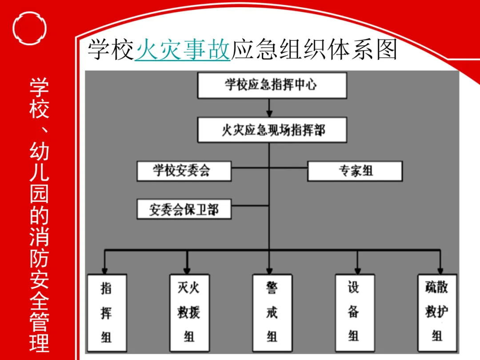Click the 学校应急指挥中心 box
(x=272, y=85)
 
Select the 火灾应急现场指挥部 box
(x=272, y=130)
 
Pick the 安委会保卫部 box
(x=184, y=209)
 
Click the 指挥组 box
(x=107, y=313)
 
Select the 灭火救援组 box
(x=189, y=313)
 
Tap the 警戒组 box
(x=272, y=313)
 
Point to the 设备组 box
(x=354, y=313)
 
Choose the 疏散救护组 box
(x=437, y=313)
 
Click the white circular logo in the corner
(x=30, y=29)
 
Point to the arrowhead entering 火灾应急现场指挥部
(x=269, y=114)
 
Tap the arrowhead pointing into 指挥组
(x=104, y=270)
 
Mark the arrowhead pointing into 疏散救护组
(x=440, y=270)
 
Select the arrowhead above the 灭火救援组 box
(x=187, y=270)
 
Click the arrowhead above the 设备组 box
(x=357, y=270)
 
